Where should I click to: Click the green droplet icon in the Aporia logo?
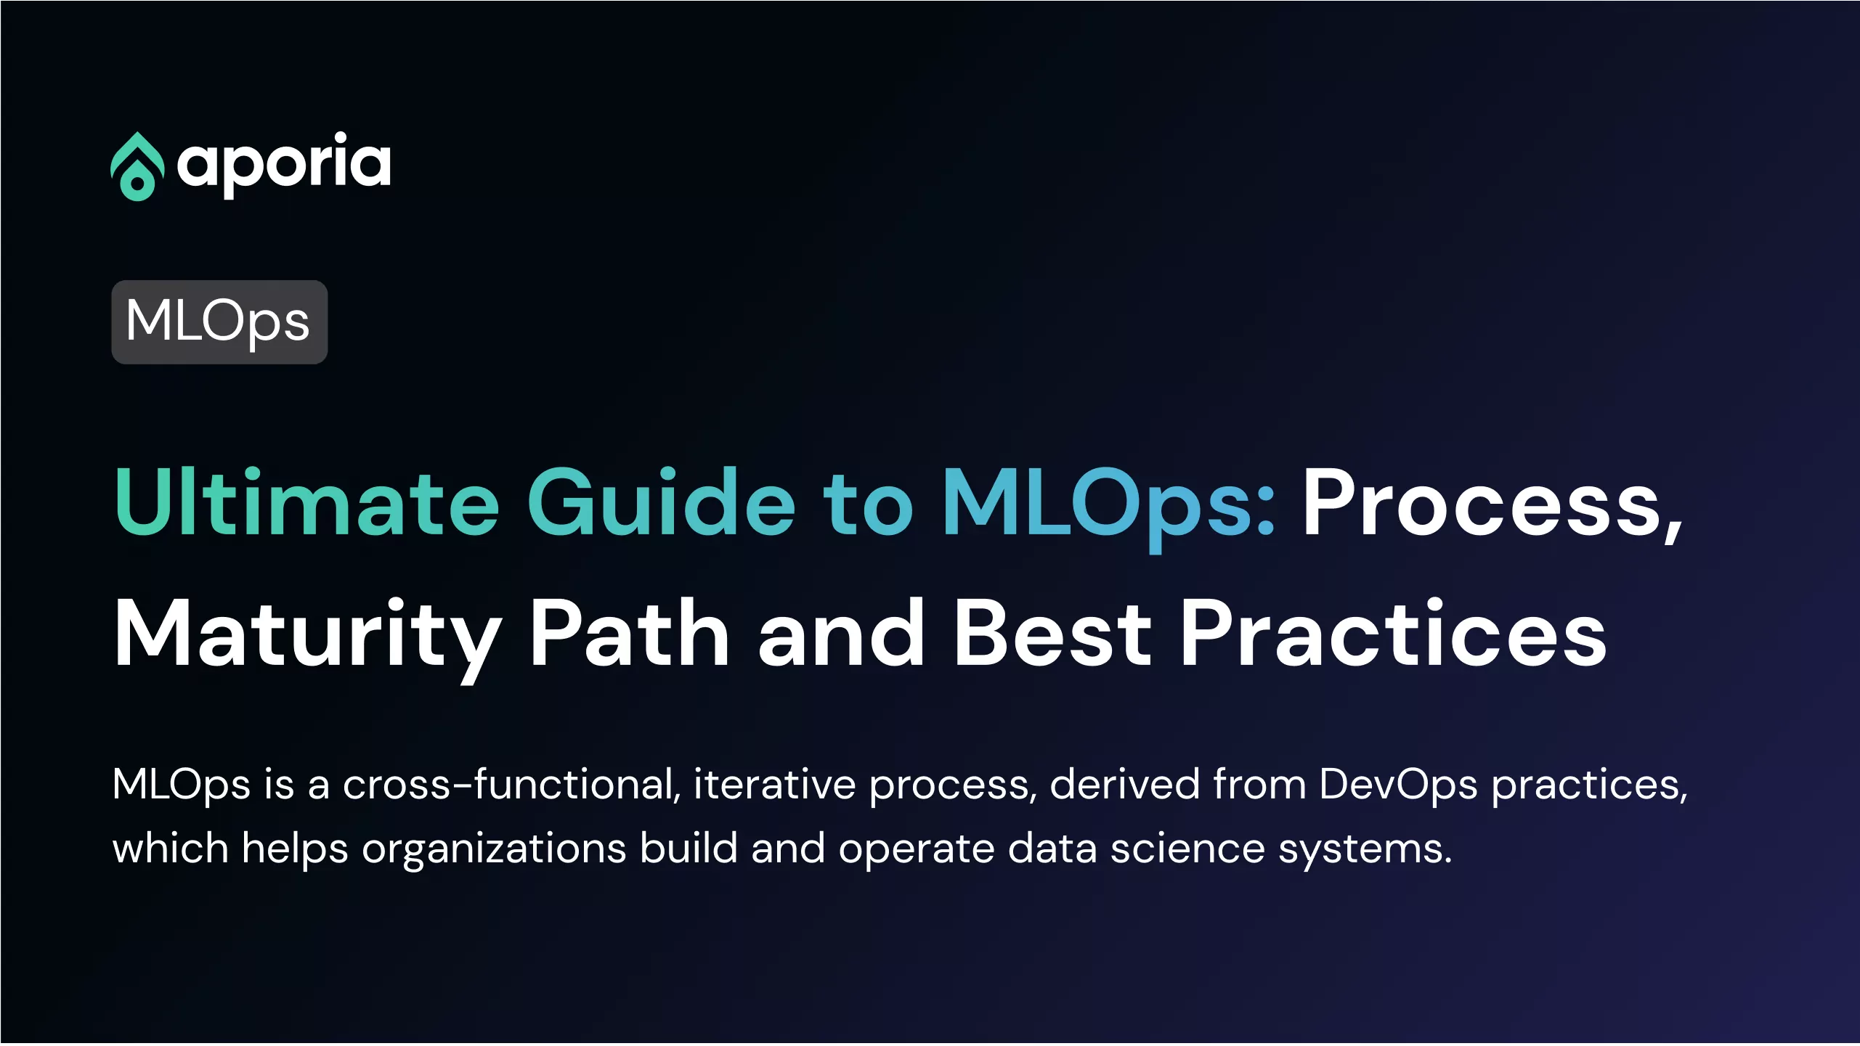pos(137,166)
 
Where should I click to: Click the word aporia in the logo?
pos(284,165)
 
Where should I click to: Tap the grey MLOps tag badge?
pos(219,322)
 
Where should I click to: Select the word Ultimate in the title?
pos(307,502)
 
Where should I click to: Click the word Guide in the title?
pos(662,502)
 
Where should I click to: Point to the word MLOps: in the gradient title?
pos(1109,508)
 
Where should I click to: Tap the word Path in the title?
pos(629,632)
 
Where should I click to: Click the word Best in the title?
pos(1052,632)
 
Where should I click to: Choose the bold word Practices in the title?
pos(1394,632)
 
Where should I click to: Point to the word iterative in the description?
pos(774,785)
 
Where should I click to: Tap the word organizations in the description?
pos(494,850)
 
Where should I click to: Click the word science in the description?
pos(1187,849)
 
